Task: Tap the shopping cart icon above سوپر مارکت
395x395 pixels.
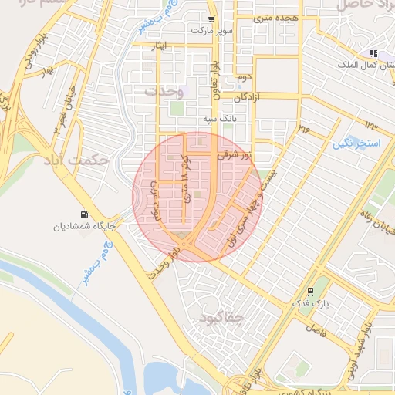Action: pyautogui.click(x=210, y=16)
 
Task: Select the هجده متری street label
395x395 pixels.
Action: pyautogui.click(x=275, y=16)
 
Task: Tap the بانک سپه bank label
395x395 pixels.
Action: pyautogui.click(x=218, y=120)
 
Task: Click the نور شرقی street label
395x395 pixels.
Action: pyautogui.click(x=236, y=155)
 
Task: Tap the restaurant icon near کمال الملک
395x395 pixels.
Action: pyautogui.click(x=373, y=53)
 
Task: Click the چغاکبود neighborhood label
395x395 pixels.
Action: pyautogui.click(x=221, y=317)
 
